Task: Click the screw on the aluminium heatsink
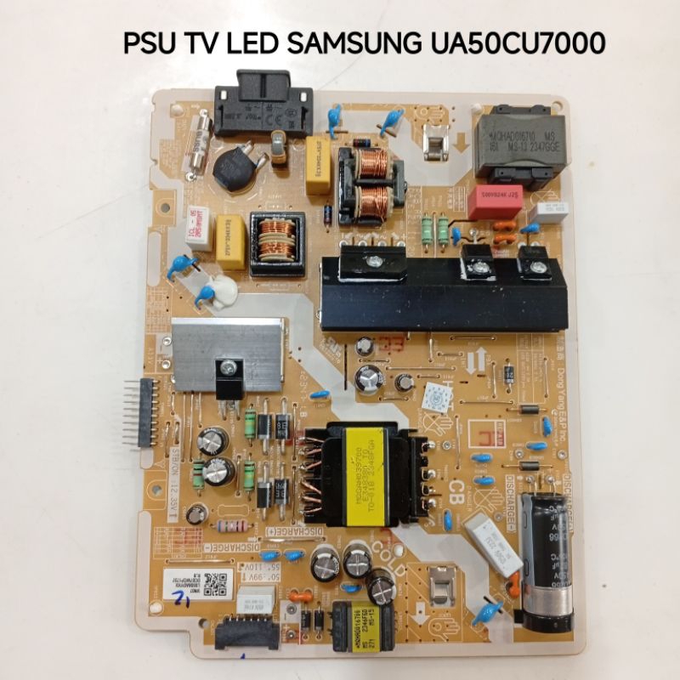[228, 367]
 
